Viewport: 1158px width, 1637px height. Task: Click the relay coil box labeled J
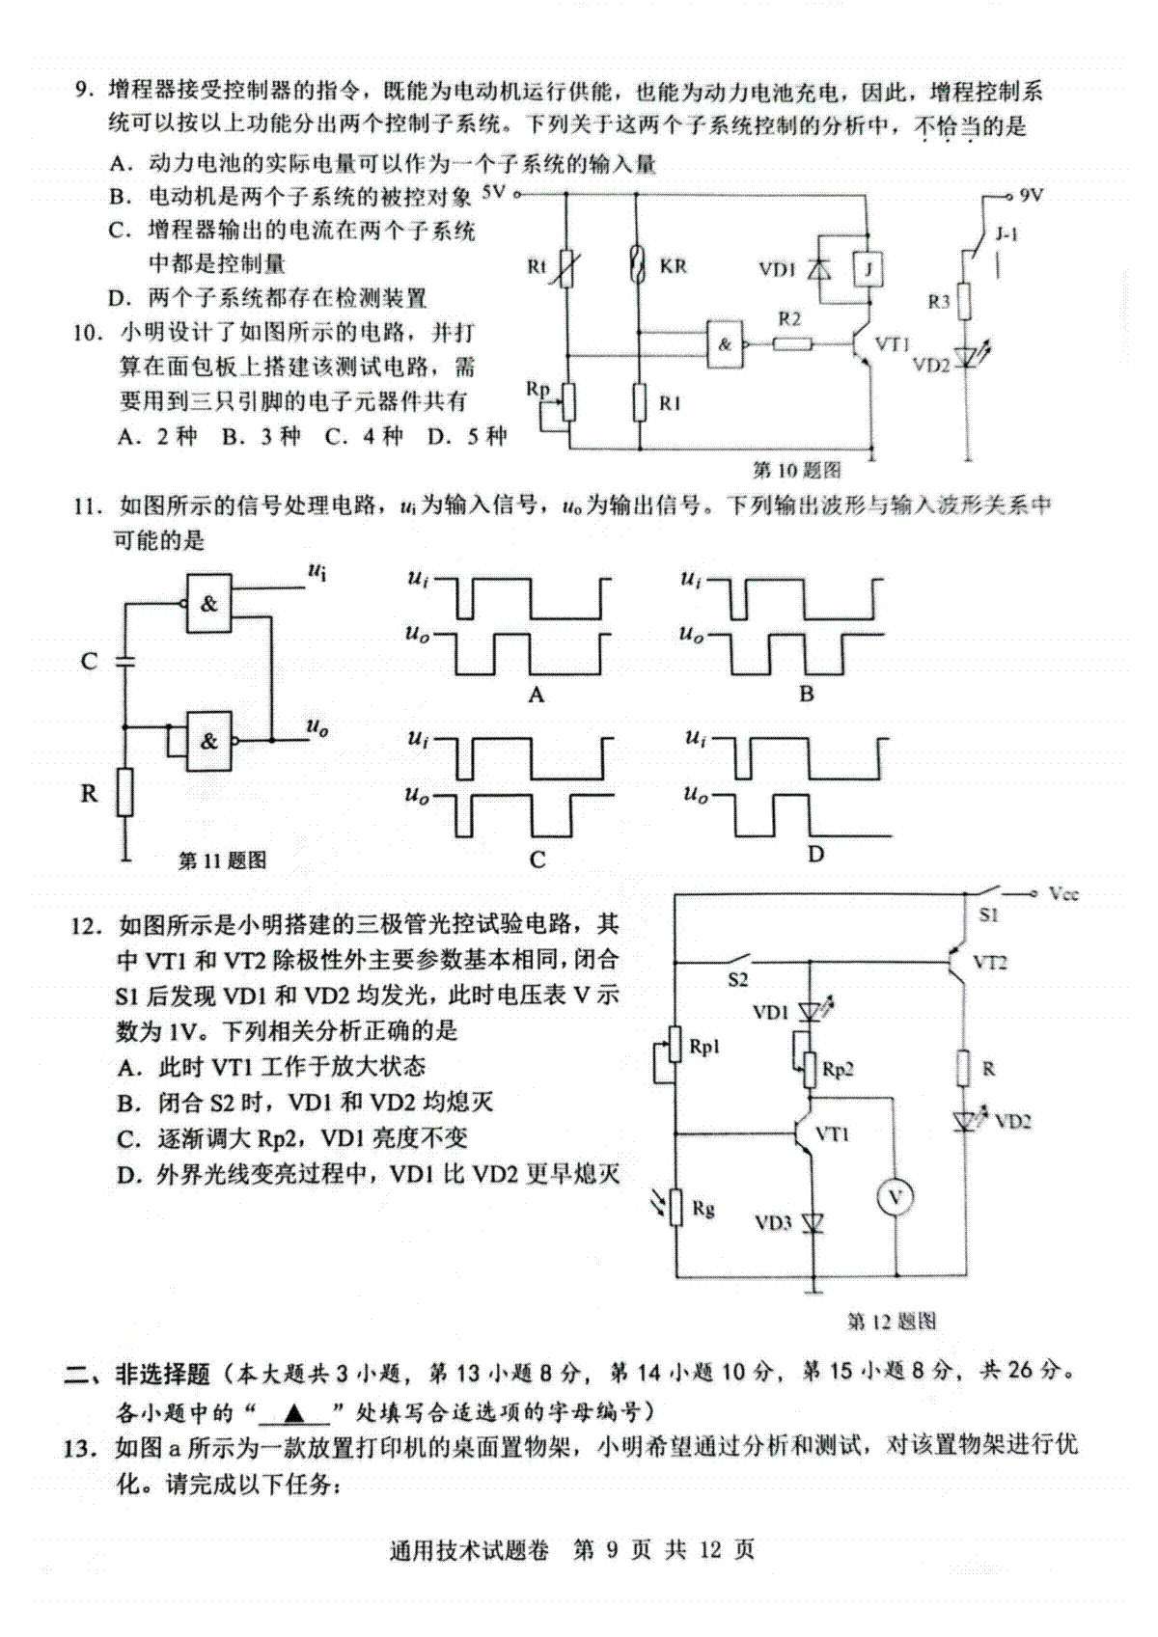point(868,270)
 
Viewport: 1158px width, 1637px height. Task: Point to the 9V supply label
point(1032,195)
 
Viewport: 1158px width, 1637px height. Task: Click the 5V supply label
point(494,193)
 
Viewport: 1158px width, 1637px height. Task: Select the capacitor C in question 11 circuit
point(125,661)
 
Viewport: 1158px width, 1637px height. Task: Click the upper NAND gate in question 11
point(208,604)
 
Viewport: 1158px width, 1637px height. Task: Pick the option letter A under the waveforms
point(537,695)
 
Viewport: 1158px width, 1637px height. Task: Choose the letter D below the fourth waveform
point(815,854)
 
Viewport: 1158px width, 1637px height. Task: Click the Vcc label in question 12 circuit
point(1063,894)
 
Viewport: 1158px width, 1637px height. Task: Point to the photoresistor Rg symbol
point(676,1207)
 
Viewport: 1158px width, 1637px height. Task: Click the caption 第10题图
point(797,470)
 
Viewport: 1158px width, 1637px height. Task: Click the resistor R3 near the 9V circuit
point(967,302)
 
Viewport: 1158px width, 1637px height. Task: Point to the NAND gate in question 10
point(725,343)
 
